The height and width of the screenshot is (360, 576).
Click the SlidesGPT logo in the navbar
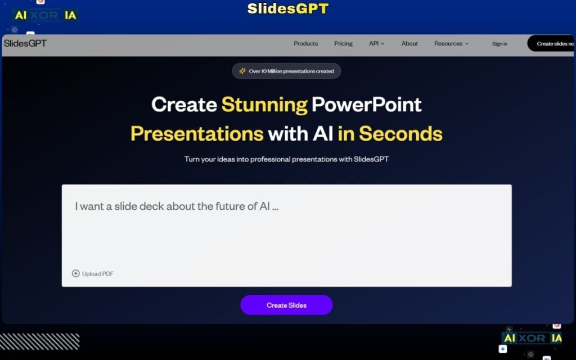point(25,43)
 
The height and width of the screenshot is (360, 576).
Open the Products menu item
point(305,43)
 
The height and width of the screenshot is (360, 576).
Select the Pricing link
point(343,43)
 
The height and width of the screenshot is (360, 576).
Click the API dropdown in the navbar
point(376,43)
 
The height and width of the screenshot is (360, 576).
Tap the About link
point(409,43)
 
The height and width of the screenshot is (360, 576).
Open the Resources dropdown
point(451,43)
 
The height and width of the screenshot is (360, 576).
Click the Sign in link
point(499,43)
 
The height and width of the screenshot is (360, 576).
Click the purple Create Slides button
point(286,305)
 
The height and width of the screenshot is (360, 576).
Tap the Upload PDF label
point(97,274)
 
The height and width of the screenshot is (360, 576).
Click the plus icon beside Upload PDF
point(76,273)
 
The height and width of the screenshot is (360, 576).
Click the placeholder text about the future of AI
point(177,206)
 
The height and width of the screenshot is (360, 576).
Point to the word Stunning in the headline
point(264,105)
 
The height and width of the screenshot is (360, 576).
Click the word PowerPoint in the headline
point(366,105)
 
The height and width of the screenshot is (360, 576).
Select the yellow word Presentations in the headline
point(197,134)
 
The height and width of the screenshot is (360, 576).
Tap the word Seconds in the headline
point(400,134)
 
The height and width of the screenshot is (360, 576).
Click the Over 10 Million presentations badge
point(286,71)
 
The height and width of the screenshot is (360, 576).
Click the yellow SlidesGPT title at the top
point(287,9)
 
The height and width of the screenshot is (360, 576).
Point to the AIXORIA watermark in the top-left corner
point(45,16)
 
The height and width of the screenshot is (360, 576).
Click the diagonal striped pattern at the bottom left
point(39,341)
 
